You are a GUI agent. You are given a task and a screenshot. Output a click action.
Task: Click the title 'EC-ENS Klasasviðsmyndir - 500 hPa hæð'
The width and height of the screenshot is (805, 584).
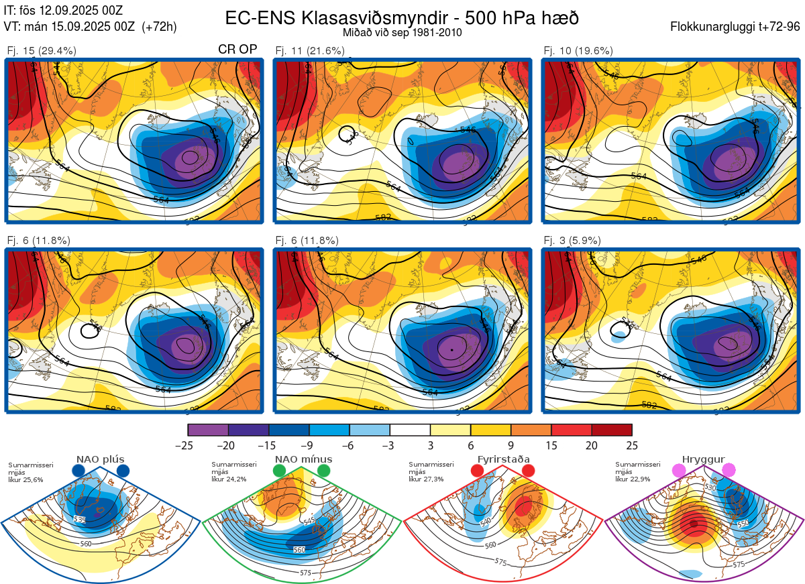[402, 17]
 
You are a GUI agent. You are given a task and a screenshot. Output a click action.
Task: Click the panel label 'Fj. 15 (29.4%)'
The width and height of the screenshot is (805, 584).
[41, 50]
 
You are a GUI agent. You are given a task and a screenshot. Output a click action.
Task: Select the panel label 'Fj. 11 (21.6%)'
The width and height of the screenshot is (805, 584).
[310, 50]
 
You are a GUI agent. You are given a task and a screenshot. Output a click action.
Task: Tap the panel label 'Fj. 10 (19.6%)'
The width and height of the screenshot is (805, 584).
[578, 50]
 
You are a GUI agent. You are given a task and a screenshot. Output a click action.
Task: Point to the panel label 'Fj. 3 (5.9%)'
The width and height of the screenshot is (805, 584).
[572, 241]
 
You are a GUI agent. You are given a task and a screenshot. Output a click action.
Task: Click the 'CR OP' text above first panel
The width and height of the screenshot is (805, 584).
[238, 50]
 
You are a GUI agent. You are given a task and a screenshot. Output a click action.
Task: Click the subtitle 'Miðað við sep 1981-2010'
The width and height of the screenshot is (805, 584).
[402, 32]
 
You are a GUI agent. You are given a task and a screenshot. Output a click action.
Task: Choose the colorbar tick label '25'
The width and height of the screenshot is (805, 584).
[631, 445]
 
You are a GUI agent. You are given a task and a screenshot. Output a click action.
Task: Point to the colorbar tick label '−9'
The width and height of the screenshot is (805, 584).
[309, 445]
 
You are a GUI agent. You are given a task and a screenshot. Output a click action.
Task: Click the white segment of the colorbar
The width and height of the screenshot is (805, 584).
[410, 429]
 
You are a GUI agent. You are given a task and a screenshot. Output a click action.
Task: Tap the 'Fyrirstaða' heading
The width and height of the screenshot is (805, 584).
[503, 459]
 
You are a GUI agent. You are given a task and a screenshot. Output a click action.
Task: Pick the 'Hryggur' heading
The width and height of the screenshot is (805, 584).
[704, 459]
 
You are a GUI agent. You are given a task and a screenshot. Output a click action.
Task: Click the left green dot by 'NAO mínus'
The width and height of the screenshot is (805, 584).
[280, 471]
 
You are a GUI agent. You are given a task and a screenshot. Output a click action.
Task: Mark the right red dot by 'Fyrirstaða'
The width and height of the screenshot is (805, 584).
[527, 471]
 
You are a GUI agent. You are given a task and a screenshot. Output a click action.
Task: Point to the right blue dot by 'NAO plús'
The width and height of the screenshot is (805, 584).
[123, 471]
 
